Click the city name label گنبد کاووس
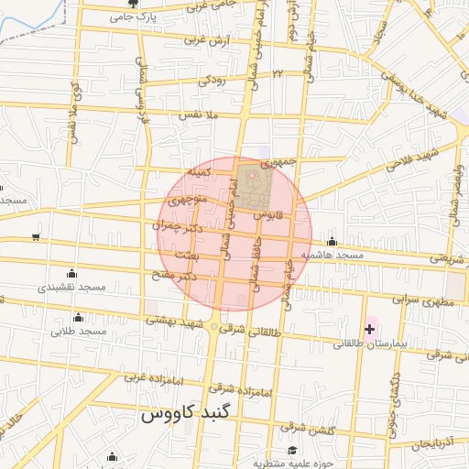tap(190, 414)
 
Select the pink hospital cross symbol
tap(369, 329)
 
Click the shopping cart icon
tap(35, 237)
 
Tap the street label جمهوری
tap(278, 162)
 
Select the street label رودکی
tap(213, 80)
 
